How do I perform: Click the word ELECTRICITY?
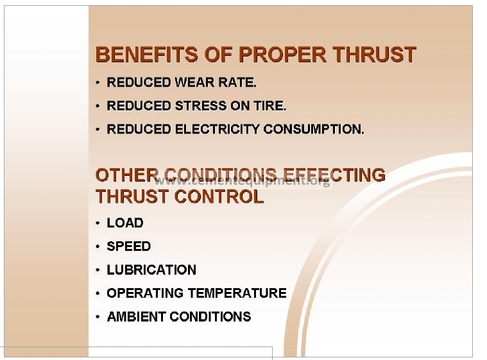tap(217, 129)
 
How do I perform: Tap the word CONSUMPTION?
tap(314, 129)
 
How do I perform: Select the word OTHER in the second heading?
tap(127, 175)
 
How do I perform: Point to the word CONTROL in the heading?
tap(219, 196)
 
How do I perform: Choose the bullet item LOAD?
tap(125, 223)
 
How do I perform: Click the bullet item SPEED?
tap(128, 246)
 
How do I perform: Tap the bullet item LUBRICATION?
tap(151, 270)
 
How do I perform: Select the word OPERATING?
tap(145, 293)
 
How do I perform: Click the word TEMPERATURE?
tap(237, 293)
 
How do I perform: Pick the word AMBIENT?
tap(137, 316)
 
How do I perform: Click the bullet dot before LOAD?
tap(98, 223)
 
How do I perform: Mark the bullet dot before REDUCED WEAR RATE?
tap(98, 83)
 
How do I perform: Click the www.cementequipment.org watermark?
tap(243, 181)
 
